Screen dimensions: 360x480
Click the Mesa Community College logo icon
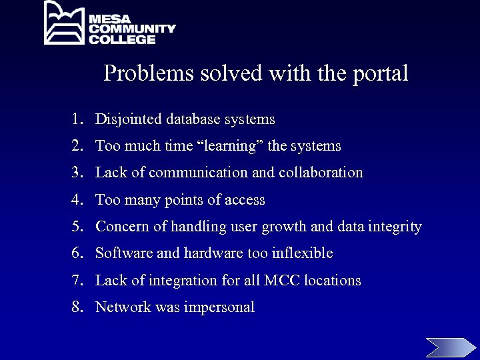[x=65, y=23]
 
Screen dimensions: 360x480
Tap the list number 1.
[x=77, y=120]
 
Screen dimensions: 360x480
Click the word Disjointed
[x=129, y=120]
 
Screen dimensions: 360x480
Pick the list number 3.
[x=77, y=173]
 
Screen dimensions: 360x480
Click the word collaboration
[x=321, y=173]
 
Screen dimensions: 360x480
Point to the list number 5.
[x=77, y=227]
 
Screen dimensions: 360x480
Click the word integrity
[x=397, y=227]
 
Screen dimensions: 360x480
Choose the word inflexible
[x=301, y=253]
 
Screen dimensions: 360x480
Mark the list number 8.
[x=77, y=307]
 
